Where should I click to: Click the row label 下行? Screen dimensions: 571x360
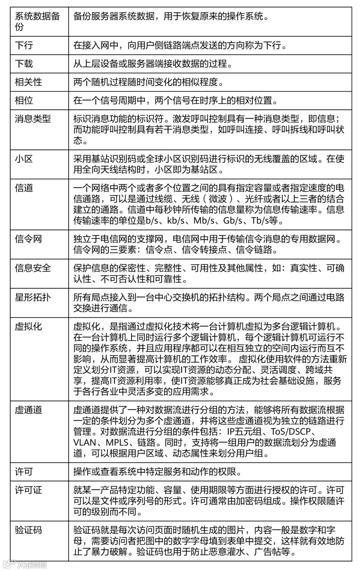pos(24,45)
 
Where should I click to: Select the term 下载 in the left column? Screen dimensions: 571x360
pos(24,64)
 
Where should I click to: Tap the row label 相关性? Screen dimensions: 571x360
pos(29,82)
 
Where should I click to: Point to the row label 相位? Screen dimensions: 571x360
pos(24,100)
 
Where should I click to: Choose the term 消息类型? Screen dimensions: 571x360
pos(33,119)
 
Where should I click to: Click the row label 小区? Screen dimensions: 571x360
pos(24,159)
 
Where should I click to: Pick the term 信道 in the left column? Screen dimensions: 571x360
pos(24,188)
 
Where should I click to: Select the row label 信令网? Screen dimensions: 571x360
pos(29,239)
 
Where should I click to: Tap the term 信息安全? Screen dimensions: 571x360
pos(33,268)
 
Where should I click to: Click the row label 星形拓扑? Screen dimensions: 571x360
pos(33,297)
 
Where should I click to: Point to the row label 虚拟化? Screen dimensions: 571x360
pos(29,326)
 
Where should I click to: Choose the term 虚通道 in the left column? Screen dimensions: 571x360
pos(29,410)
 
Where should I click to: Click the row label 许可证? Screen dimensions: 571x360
pos(29,490)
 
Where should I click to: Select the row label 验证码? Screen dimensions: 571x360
pos(29,530)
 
